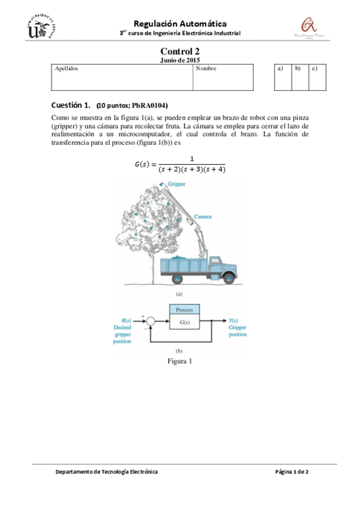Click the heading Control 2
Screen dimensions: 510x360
pos(180,52)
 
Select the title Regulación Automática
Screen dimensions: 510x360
pos(180,22)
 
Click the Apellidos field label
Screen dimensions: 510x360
pos(66,69)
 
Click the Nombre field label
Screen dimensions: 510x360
pos(206,69)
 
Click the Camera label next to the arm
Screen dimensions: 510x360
pos(203,217)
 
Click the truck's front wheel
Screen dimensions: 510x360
pos(228,278)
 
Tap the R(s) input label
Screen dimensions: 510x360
pos(126,321)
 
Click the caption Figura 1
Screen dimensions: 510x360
pos(179,361)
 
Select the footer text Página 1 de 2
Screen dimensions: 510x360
pos(291,472)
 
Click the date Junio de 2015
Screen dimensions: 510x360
pos(180,60)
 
